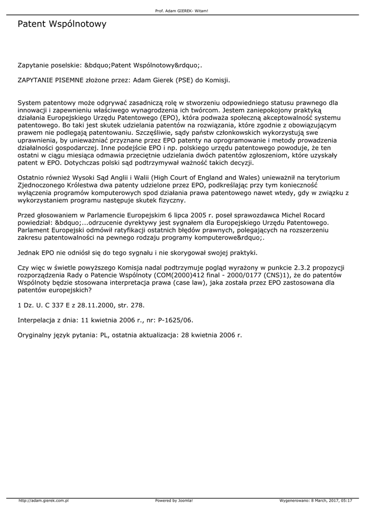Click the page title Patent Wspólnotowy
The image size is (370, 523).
pos(62,24)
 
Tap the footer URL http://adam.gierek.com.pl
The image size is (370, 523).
pos(44,501)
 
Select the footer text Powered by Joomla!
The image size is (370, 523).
pos(174,501)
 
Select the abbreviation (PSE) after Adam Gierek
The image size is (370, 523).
pos(184,80)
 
